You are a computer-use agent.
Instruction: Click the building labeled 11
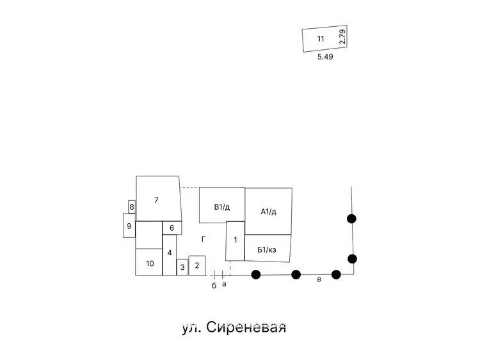[324, 38]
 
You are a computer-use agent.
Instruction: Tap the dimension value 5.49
[325, 56]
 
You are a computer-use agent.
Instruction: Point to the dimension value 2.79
[342, 36]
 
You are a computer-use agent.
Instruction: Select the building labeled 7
[159, 198]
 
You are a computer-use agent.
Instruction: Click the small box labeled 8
[132, 207]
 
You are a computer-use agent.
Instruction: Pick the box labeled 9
[129, 226]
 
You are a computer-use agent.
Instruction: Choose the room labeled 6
[172, 228]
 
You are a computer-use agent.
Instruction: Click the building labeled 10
[148, 262]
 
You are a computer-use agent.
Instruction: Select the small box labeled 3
[182, 267]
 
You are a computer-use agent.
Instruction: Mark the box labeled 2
[197, 265]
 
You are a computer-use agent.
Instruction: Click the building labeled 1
[235, 241]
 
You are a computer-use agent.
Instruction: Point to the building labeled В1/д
[222, 205]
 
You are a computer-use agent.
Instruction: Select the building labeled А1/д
[268, 212]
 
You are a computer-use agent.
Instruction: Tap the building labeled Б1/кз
[268, 248]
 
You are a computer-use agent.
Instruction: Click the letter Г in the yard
[204, 240]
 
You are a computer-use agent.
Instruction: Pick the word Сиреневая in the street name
[246, 327]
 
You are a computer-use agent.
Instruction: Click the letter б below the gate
[214, 285]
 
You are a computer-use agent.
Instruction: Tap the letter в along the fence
[319, 279]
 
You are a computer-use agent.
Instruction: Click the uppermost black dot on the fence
[351, 219]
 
